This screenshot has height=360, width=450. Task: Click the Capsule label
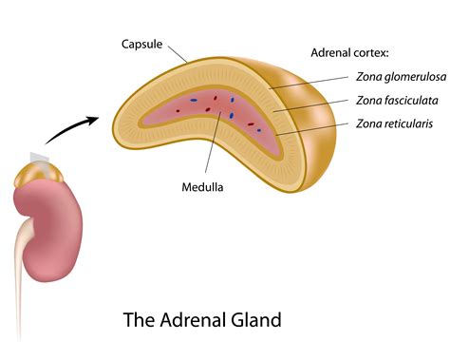(x=142, y=44)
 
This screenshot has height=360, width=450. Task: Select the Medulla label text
(x=202, y=187)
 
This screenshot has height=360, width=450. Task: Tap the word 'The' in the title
(x=138, y=319)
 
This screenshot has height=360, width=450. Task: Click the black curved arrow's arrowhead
(x=94, y=120)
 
